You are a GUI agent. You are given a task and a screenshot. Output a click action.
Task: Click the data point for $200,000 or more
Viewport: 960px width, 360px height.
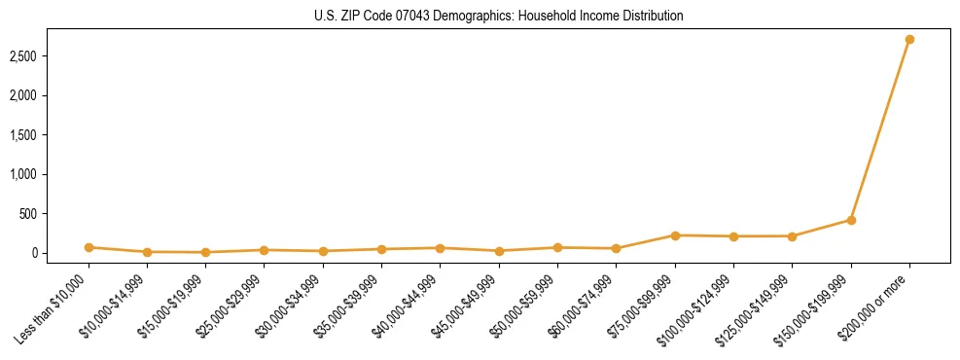[x=909, y=40]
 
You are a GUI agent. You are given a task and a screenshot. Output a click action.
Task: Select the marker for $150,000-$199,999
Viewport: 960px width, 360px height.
[x=851, y=220]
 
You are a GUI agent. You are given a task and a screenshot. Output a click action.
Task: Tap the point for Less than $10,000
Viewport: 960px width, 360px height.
[x=89, y=247]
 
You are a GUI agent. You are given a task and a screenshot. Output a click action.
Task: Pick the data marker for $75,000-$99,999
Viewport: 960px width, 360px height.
[x=675, y=235]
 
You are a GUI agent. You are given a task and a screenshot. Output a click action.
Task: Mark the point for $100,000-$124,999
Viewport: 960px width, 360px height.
[x=733, y=236]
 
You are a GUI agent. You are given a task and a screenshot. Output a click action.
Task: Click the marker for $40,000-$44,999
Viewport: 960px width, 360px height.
[x=441, y=248]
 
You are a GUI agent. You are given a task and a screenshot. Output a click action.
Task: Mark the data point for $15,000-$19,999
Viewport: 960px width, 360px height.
[x=206, y=252]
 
